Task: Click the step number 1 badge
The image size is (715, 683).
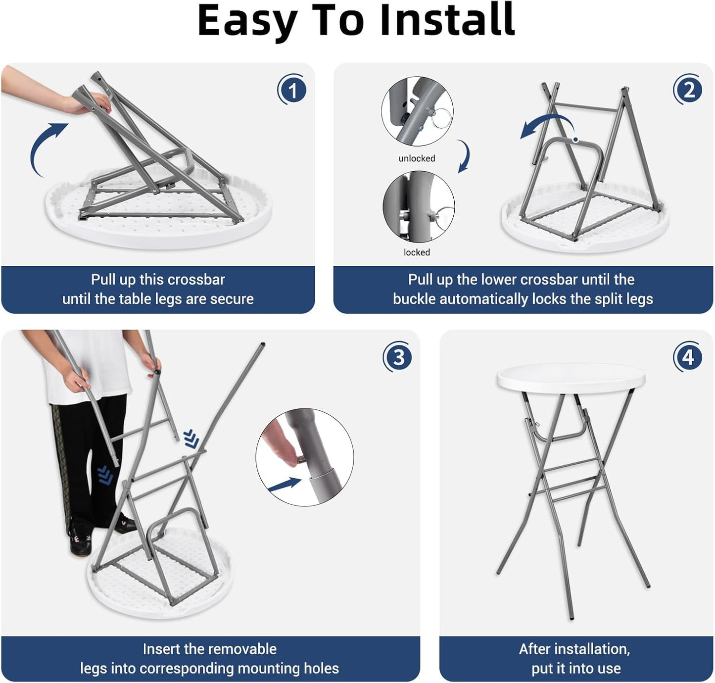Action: pyautogui.click(x=292, y=89)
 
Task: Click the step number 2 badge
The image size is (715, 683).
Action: pyautogui.click(x=688, y=89)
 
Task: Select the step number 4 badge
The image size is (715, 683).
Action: pyautogui.click(x=688, y=356)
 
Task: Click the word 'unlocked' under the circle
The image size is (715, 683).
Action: pyautogui.click(x=417, y=158)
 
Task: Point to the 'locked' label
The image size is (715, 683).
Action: pyautogui.click(x=417, y=252)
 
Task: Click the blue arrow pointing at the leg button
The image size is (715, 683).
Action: pyautogui.click(x=285, y=485)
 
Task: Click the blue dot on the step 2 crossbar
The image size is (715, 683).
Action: pyautogui.click(x=576, y=140)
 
